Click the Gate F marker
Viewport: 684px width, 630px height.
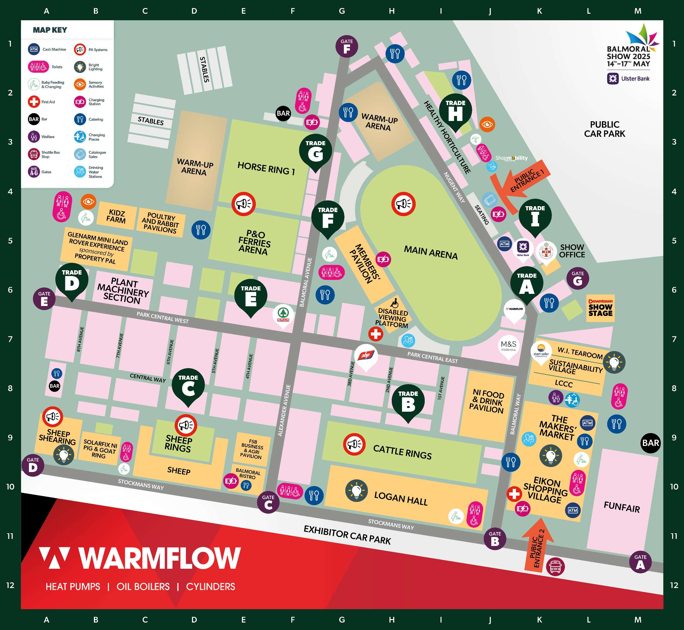tap(347, 46)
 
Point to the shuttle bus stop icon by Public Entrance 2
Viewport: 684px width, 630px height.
tap(555, 566)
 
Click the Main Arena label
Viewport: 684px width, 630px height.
tap(430, 252)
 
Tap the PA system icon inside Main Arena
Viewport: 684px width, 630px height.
tap(403, 204)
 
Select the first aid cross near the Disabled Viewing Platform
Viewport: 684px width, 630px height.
tap(376, 334)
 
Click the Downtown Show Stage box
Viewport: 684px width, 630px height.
tap(600, 308)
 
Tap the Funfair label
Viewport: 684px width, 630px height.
tap(622, 507)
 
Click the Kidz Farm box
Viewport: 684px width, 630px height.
tap(116, 216)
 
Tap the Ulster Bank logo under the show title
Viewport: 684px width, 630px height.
tap(628, 78)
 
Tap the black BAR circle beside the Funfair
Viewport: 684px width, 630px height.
tap(650, 443)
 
